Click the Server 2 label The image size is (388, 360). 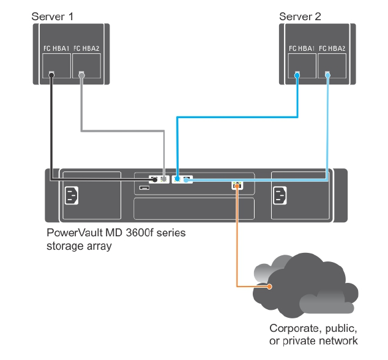click(x=299, y=15)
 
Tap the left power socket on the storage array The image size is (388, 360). click(x=72, y=196)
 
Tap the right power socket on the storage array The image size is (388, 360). click(x=280, y=196)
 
